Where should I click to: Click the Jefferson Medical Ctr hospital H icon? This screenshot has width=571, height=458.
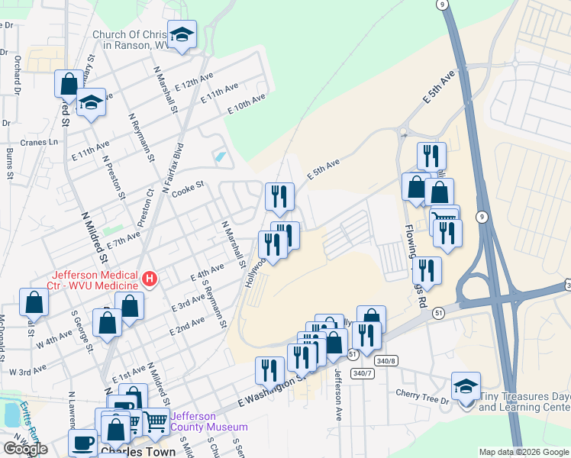point(150,280)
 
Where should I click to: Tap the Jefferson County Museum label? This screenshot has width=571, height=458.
point(209,421)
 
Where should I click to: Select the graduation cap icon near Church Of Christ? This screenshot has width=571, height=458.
point(182,35)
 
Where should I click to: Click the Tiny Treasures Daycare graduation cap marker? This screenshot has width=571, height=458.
point(466,387)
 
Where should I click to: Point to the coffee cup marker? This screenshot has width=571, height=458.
point(82,443)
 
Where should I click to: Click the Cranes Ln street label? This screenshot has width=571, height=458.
point(40,142)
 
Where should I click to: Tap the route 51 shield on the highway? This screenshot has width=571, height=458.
point(437,313)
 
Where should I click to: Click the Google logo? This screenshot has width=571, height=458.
point(25,449)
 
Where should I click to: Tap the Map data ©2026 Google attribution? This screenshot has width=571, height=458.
point(523,452)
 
